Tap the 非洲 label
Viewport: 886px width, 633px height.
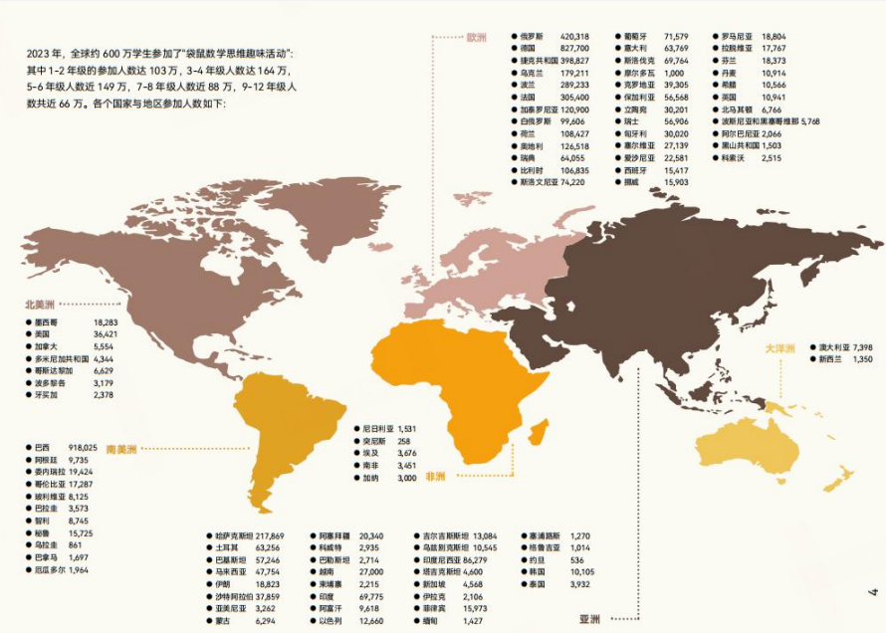click(435, 477)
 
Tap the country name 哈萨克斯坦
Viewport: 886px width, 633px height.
click(237, 535)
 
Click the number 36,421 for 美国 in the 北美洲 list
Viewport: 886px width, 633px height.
click(106, 334)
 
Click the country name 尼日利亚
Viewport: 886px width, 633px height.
click(378, 428)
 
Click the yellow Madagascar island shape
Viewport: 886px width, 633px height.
click(540, 431)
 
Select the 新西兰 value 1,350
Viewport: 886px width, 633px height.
click(863, 358)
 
